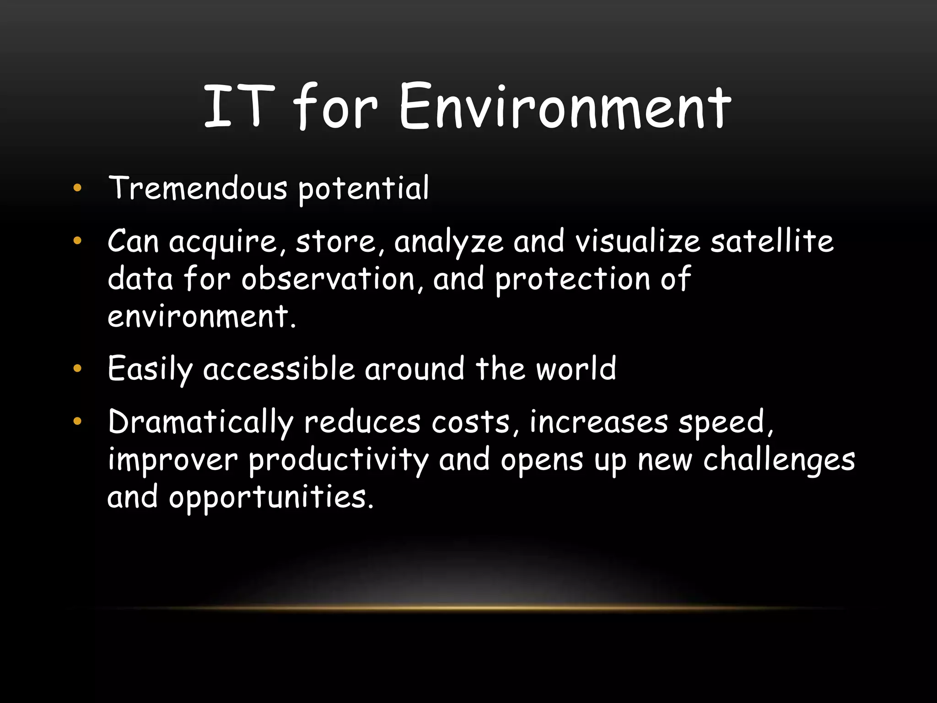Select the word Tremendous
(x=198, y=188)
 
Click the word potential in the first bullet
(x=364, y=189)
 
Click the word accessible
(x=279, y=368)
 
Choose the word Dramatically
(x=200, y=422)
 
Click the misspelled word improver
(x=172, y=460)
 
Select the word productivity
(x=339, y=460)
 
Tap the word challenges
(x=779, y=460)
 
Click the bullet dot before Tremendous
(x=77, y=188)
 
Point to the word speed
(x=724, y=422)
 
